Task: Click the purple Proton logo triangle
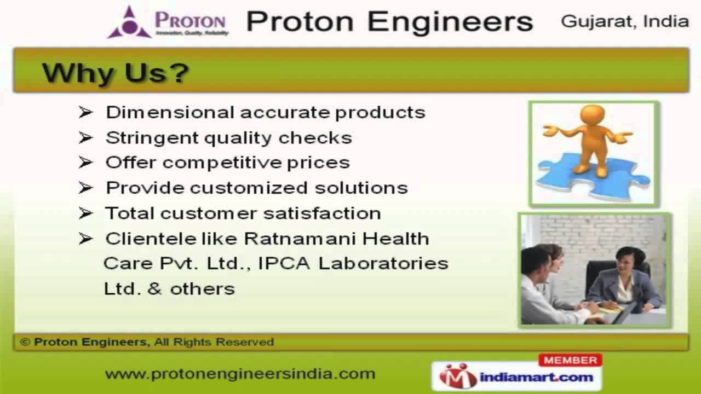click(x=129, y=22)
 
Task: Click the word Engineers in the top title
click(x=450, y=22)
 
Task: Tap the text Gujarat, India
click(x=625, y=21)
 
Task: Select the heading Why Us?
click(x=116, y=73)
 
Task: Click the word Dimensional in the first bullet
click(x=170, y=112)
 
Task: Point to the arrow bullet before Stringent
click(x=85, y=137)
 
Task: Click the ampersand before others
click(x=155, y=288)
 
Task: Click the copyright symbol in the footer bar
click(x=25, y=343)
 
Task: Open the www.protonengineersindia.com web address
click(x=240, y=374)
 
